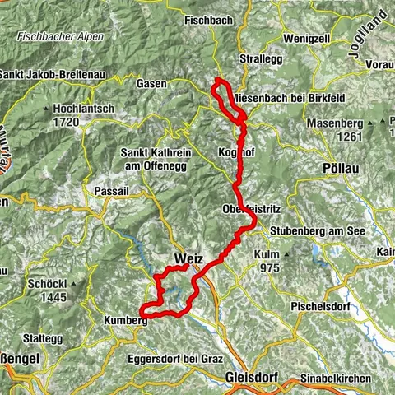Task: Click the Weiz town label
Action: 188,258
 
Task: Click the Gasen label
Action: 154,84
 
